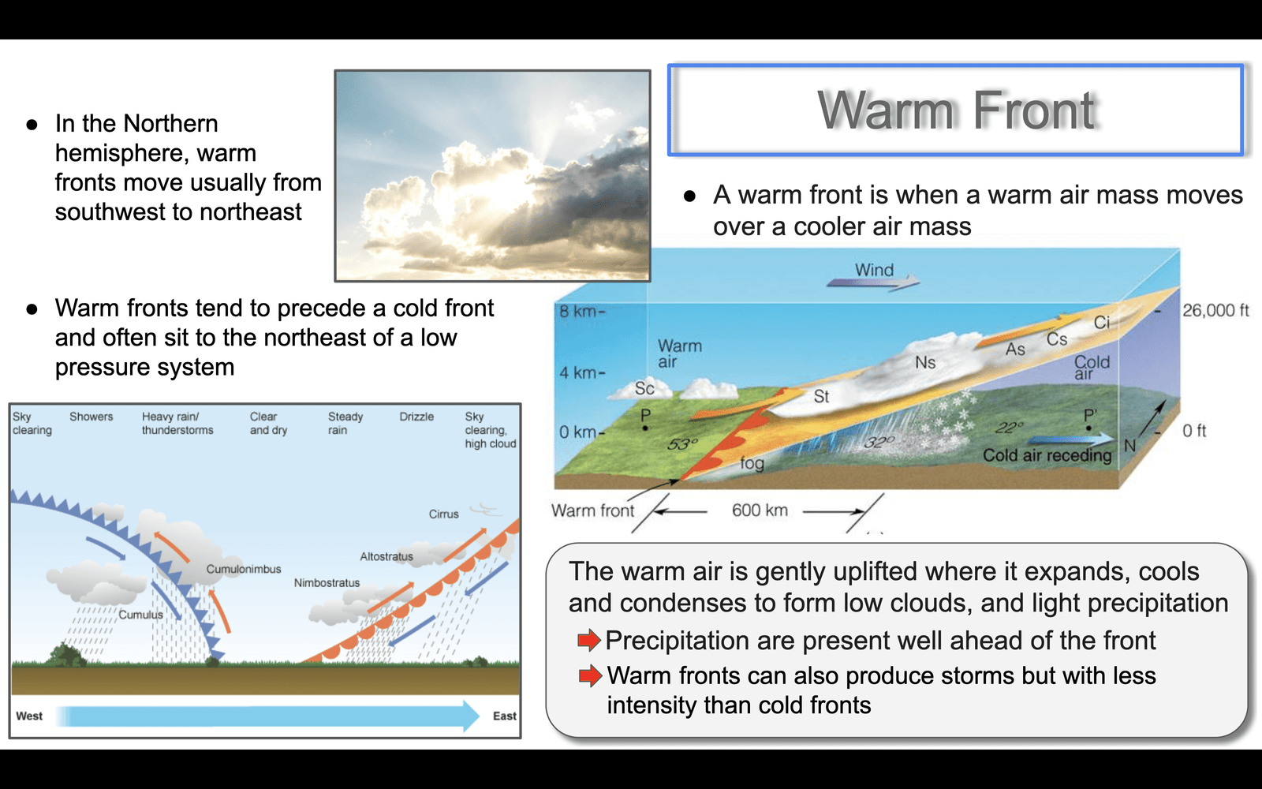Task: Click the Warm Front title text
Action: point(957,110)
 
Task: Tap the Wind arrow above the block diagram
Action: point(872,282)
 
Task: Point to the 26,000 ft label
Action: point(1215,311)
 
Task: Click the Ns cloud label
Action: point(925,362)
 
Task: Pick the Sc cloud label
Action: point(644,387)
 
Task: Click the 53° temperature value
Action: point(682,445)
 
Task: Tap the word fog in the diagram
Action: point(752,463)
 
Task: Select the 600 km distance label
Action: point(760,510)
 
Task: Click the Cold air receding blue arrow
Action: point(1070,439)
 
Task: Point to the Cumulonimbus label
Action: point(244,569)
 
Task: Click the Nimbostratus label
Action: point(327,583)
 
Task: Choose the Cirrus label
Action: point(443,514)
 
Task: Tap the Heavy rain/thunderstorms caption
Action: point(177,423)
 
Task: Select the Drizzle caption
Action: point(416,417)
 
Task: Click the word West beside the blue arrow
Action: point(29,716)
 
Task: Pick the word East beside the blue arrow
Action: point(504,716)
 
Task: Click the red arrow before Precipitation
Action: point(588,640)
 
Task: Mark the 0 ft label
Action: point(1194,431)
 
